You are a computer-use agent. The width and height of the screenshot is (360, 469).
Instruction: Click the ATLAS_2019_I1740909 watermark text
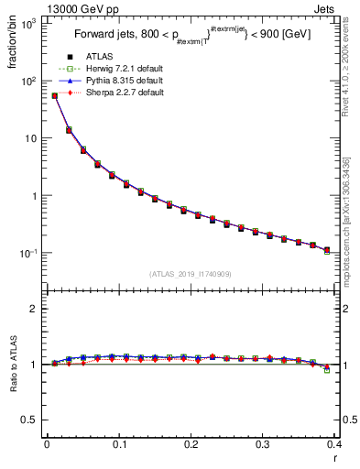(x=191, y=274)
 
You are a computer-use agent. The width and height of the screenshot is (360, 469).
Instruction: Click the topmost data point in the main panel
(x=54, y=95)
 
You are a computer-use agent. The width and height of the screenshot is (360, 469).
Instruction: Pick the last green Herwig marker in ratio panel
(x=327, y=370)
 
